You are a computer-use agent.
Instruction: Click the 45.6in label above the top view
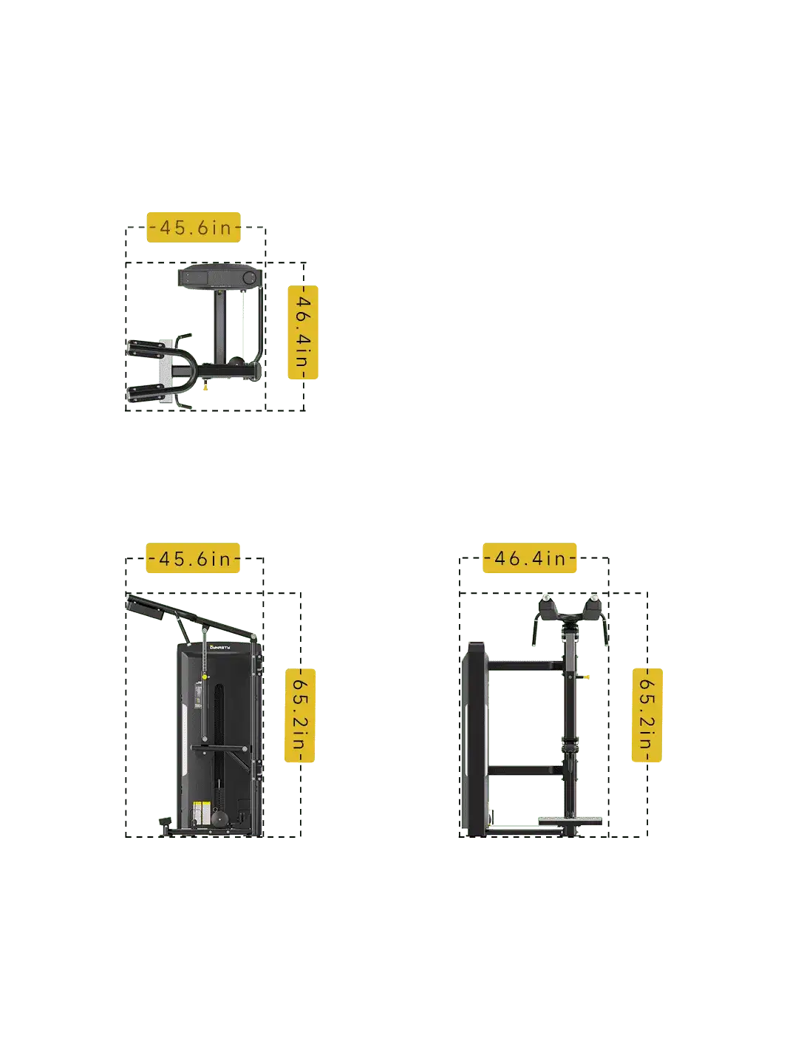click(x=193, y=227)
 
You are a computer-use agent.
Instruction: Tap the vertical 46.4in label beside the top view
click(x=303, y=332)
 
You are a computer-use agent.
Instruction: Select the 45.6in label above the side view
click(x=193, y=558)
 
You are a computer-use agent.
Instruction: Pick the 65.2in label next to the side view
click(x=300, y=715)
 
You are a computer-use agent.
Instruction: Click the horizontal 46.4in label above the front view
click(x=529, y=558)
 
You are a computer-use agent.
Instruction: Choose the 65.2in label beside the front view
click(x=647, y=715)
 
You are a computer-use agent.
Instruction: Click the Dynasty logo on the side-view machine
click(x=220, y=648)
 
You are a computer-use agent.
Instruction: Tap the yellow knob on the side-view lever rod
click(x=205, y=677)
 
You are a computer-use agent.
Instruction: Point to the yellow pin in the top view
click(x=205, y=387)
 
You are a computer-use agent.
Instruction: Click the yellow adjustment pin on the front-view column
click(x=586, y=677)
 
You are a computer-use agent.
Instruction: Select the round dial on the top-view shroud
click(x=248, y=277)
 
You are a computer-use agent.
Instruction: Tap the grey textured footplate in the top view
click(x=166, y=370)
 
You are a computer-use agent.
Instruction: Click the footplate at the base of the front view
click(x=570, y=821)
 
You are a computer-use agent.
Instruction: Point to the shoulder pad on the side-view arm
click(x=146, y=609)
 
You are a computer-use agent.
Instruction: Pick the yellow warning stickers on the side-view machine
click(x=202, y=811)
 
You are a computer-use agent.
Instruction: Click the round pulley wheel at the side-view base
click(x=220, y=819)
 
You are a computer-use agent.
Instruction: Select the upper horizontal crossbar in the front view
click(x=525, y=665)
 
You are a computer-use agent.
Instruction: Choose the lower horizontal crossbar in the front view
click(x=525, y=770)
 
